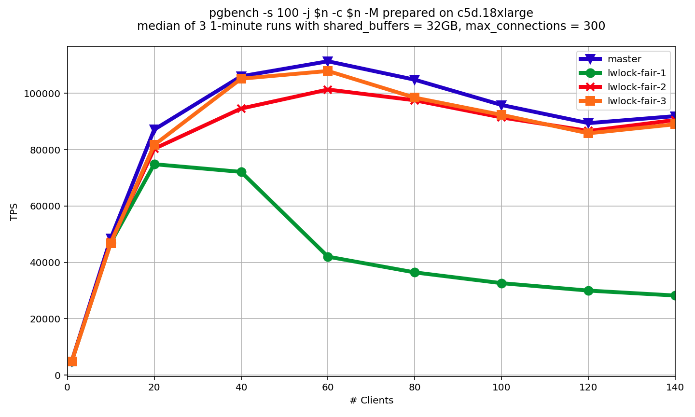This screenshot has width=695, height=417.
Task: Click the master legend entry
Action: [624, 59]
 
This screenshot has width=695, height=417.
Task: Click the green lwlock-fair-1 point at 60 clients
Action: [328, 257]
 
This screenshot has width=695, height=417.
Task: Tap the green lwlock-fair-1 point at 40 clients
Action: [241, 172]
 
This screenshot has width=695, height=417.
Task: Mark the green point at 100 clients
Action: [501, 283]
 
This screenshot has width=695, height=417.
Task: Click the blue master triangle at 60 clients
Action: [328, 61]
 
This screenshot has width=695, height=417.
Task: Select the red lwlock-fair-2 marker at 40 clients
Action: [241, 109]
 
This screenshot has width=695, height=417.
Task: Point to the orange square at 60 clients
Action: [328, 71]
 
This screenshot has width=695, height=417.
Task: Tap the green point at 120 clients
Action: [588, 291]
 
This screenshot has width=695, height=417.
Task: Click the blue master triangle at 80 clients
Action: [415, 80]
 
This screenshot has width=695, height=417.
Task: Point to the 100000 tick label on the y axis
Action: [44, 94]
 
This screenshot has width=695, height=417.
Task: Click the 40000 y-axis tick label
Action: [46, 263]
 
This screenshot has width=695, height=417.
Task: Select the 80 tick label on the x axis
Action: [415, 387]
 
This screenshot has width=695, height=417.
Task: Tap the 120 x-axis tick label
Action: [588, 387]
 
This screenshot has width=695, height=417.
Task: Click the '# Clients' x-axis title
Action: [371, 401]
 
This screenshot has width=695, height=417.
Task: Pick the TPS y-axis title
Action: [14, 211]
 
